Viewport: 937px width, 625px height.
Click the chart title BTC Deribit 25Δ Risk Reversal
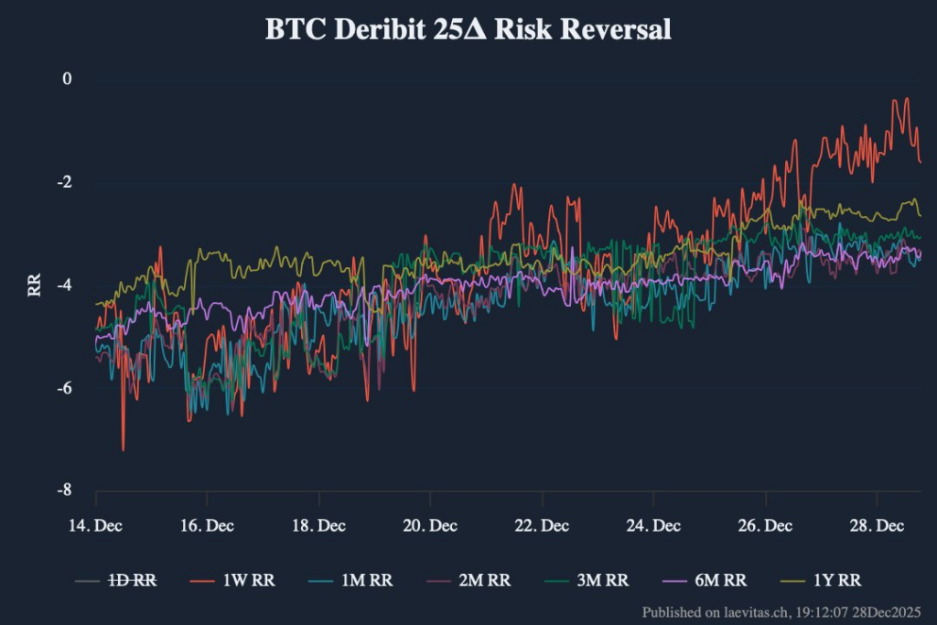click(468, 29)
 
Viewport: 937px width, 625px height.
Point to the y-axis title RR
click(35, 286)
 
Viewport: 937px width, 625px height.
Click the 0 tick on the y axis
click(66, 80)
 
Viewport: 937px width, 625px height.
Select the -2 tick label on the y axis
click(63, 182)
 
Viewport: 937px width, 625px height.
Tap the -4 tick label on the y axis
click(63, 286)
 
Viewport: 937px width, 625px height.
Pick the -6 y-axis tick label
click(63, 388)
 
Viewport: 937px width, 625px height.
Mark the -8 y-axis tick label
click(63, 490)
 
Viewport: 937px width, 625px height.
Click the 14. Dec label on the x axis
click(96, 526)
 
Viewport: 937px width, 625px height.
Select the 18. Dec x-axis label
click(318, 526)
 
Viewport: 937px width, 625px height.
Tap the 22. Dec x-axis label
click(542, 526)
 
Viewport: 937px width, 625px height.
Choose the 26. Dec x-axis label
click(765, 526)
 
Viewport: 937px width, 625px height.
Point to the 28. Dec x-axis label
click(876, 526)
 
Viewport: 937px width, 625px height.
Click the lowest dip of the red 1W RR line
click(123, 449)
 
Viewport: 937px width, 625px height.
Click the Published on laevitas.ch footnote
click(781, 611)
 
